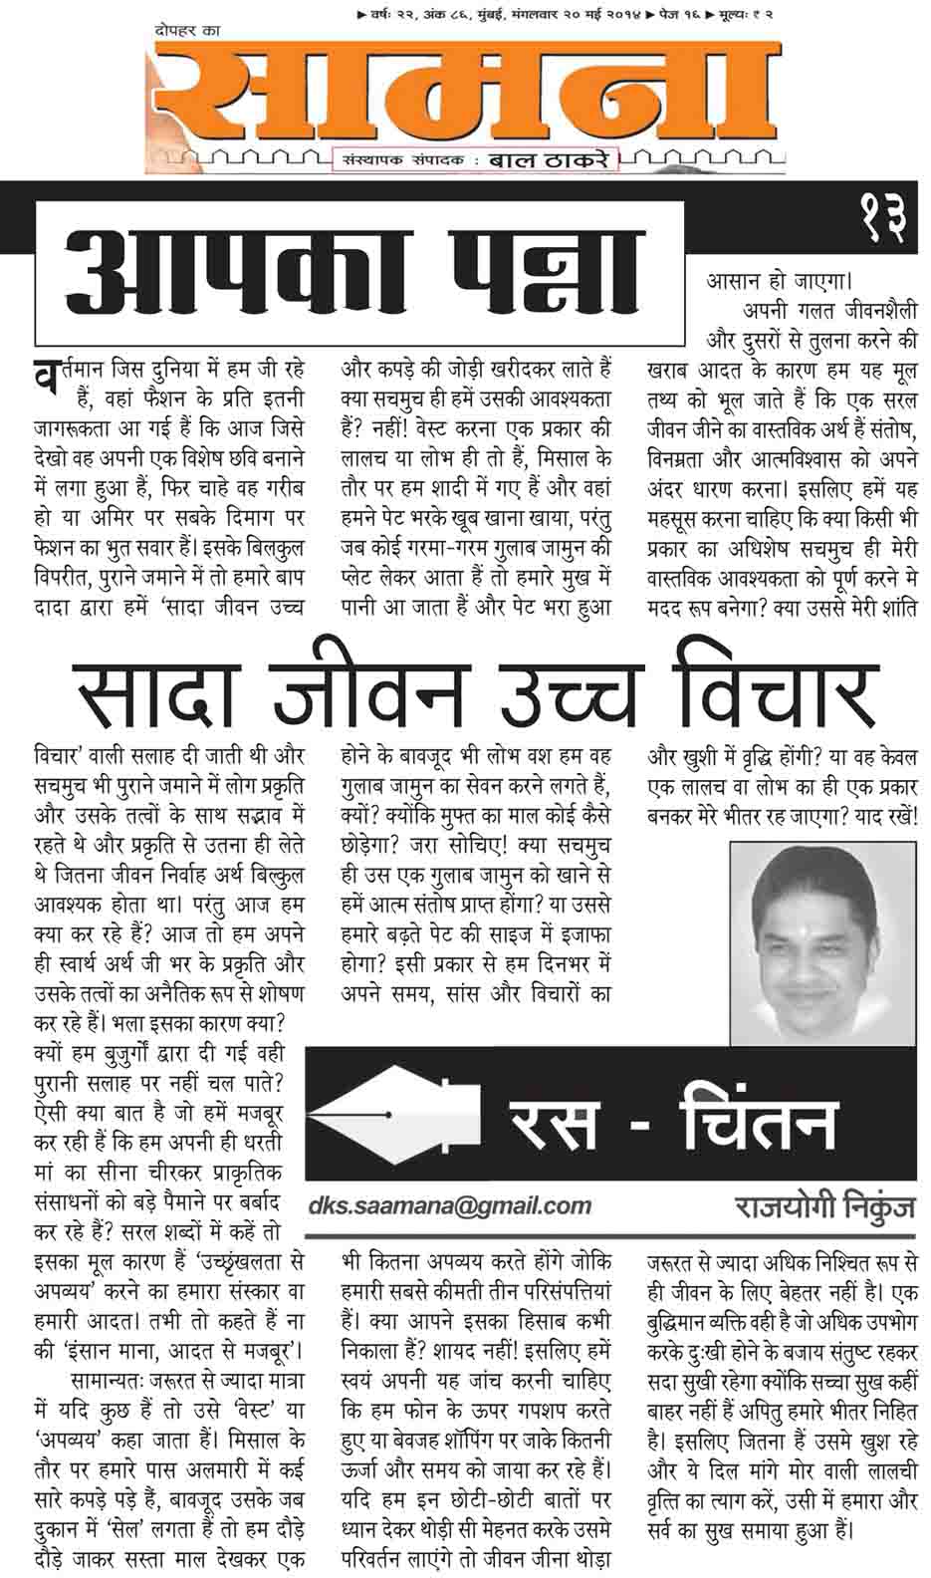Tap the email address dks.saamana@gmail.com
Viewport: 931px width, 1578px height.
point(449,1205)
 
